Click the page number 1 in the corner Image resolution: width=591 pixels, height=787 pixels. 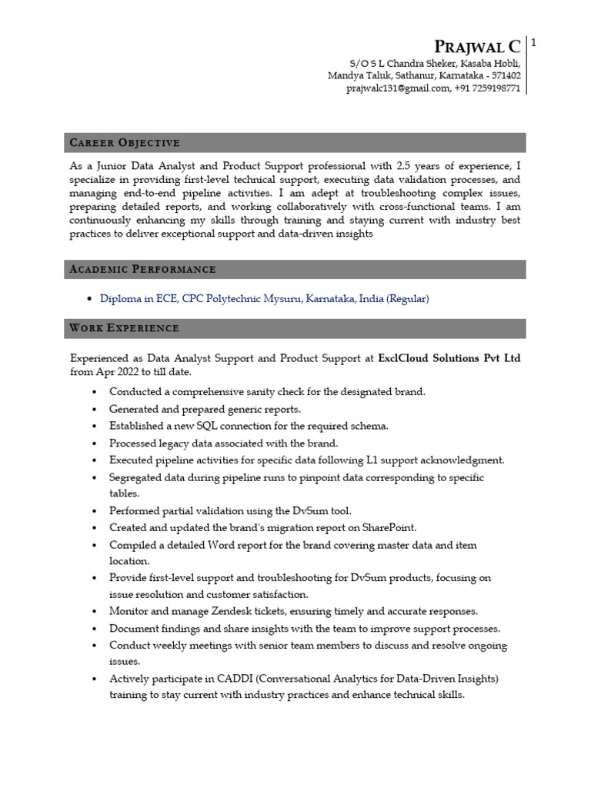[x=533, y=44]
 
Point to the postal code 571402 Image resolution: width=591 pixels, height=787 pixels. [x=505, y=75]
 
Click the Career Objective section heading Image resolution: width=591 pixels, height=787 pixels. [x=125, y=142]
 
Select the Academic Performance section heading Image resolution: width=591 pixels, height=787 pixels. [x=142, y=269]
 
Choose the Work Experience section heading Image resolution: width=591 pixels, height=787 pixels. [x=124, y=328]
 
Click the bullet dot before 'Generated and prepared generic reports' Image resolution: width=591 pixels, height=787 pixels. [x=94, y=410]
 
